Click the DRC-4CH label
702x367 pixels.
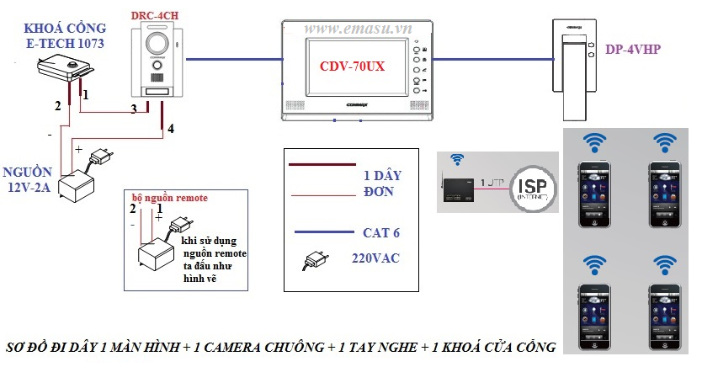pyautogui.click(x=154, y=14)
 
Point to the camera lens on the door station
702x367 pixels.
pyautogui.click(x=157, y=45)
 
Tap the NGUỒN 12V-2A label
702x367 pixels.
pyautogui.click(x=30, y=179)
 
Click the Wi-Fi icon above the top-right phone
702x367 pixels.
pyautogui.click(x=666, y=141)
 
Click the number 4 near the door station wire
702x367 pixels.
pyautogui.click(x=171, y=129)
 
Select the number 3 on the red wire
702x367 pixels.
pyautogui.click(x=133, y=109)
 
